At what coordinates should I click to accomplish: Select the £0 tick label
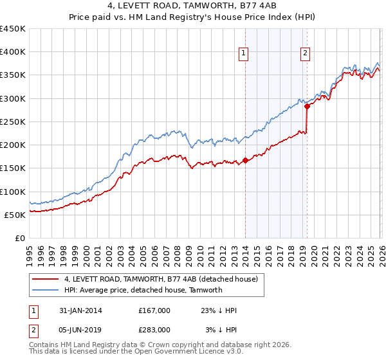coord(21,238)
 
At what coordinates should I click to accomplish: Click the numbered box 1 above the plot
coord(244,54)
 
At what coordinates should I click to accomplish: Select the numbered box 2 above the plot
coord(305,54)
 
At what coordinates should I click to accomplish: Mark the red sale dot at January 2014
coord(245,161)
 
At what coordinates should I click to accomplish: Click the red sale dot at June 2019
coord(307,107)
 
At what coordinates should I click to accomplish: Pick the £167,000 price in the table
coord(154,310)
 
